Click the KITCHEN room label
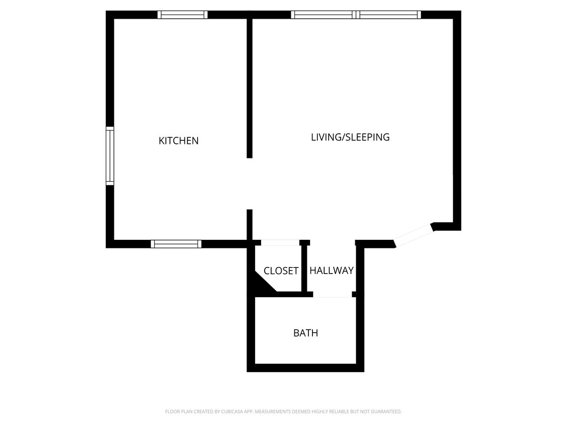click(178, 141)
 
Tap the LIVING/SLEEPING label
click(350, 137)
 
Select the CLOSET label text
click(281, 271)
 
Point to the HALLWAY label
click(331, 271)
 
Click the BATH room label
click(305, 333)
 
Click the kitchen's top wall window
click(182, 15)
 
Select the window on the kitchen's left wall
click(110, 156)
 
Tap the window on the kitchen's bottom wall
click(176, 244)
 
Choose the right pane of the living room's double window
click(389, 15)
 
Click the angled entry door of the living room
click(413, 235)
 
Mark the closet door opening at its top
click(280, 243)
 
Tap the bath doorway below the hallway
click(332, 295)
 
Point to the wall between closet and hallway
click(304, 268)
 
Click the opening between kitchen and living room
click(249, 184)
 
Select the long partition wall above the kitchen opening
click(249, 88)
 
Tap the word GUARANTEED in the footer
click(387, 412)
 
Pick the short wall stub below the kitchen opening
click(249, 225)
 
